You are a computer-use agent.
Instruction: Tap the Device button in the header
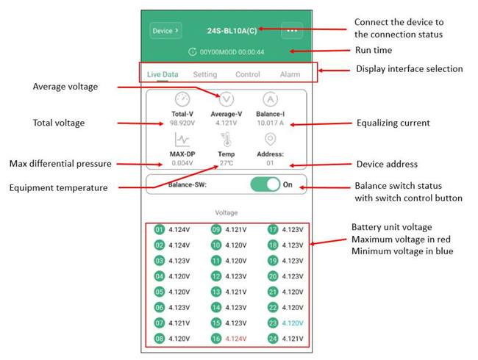click(166, 30)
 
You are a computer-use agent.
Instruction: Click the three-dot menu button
click(292, 30)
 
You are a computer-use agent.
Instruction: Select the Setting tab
click(205, 74)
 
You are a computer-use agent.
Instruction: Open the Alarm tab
click(290, 74)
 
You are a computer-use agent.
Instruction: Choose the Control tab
click(248, 74)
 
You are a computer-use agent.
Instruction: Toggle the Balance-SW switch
click(265, 184)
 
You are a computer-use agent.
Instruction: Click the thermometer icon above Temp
click(226, 140)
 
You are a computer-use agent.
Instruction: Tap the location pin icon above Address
click(271, 139)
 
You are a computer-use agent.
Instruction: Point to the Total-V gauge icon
click(182, 99)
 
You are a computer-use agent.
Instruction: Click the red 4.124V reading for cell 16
click(236, 339)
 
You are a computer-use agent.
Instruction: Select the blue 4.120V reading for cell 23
click(293, 323)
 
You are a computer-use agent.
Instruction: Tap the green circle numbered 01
click(159, 229)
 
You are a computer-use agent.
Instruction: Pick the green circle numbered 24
click(273, 339)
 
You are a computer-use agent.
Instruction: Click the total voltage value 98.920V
click(182, 123)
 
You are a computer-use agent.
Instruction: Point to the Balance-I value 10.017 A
click(271, 123)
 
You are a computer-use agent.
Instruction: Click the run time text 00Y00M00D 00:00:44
click(232, 51)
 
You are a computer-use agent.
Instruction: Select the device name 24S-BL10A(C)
click(232, 31)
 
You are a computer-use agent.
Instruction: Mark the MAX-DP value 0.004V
click(182, 163)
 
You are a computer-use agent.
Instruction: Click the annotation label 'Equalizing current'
click(393, 123)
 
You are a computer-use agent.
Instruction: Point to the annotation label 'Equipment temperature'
click(59, 187)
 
